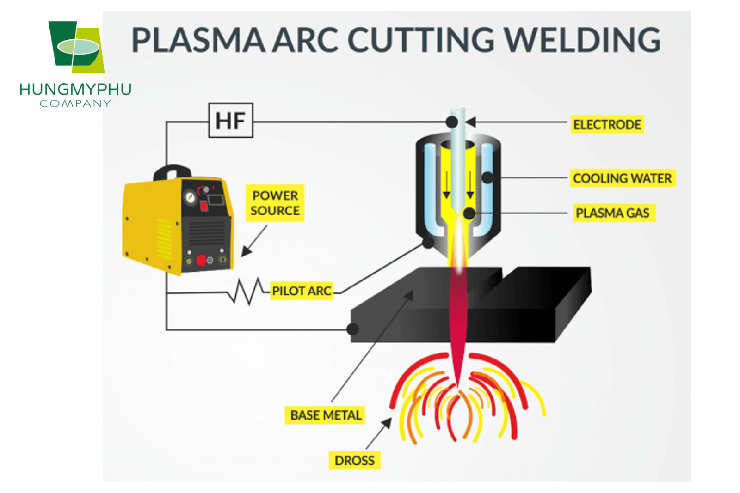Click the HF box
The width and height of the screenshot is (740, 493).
230,121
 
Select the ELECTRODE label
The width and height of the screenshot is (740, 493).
607,125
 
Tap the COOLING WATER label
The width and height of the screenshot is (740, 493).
622,178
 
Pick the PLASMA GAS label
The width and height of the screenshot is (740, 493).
612,213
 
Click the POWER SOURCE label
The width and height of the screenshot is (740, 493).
275,203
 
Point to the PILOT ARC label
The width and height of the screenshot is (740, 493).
302,291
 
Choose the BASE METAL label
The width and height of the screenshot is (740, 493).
325,415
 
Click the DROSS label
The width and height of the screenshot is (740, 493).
354,461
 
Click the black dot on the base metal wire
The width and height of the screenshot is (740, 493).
352,329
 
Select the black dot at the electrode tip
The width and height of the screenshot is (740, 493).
452,122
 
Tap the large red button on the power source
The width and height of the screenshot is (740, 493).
201,261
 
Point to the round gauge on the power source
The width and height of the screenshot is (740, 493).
190,198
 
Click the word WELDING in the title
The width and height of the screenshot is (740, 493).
582,40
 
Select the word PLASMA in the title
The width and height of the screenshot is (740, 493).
198,40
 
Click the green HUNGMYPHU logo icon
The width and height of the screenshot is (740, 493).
76,47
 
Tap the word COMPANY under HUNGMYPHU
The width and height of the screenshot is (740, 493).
75,103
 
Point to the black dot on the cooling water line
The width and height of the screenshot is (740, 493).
487,177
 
